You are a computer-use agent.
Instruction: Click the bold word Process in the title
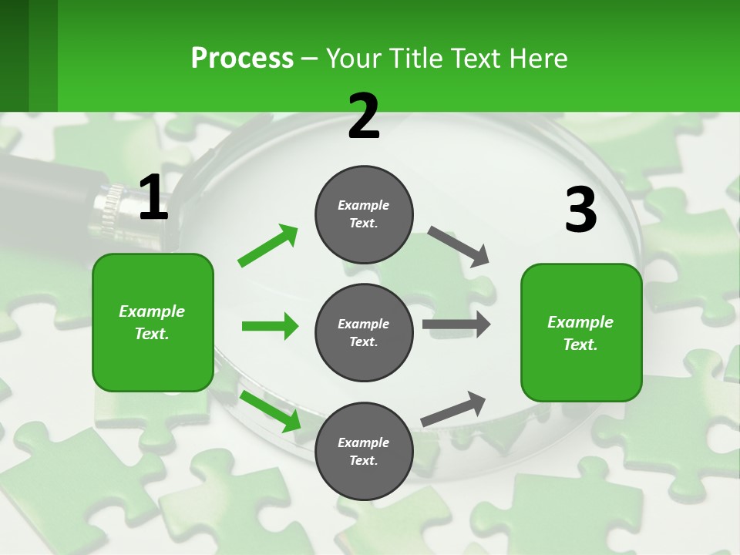click(x=242, y=58)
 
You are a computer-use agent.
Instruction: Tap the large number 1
click(x=153, y=197)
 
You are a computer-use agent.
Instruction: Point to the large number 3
click(x=580, y=210)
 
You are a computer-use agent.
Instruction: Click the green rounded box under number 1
click(x=153, y=322)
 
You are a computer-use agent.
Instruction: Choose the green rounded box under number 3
click(x=581, y=333)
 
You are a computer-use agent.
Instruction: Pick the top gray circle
click(x=364, y=214)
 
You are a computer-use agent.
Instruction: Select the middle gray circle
click(x=364, y=332)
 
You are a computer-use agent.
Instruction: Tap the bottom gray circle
click(x=364, y=451)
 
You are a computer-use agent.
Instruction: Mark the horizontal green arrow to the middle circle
click(x=270, y=326)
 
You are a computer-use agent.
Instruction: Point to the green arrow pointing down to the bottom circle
click(x=270, y=410)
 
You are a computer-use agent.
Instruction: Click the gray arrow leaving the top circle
click(x=459, y=246)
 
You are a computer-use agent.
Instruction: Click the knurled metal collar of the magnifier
click(x=108, y=208)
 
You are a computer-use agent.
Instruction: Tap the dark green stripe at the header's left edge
click(x=14, y=55)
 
